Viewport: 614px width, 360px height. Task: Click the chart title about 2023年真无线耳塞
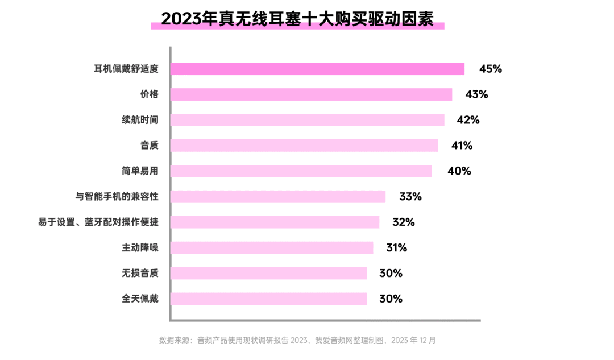tap(297, 18)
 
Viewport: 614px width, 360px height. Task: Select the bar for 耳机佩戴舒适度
tap(317, 69)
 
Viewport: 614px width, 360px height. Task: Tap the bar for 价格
tap(311, 94)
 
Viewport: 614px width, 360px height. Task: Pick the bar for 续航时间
tap(307, 120)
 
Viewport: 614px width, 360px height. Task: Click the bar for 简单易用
tap(301, 171)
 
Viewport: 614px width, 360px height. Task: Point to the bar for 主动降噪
tap(272, 248)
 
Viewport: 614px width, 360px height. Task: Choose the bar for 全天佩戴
tap(268, 299)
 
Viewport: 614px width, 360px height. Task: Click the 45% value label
tap(491, 69)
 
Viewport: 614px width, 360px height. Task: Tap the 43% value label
tap(476, 94)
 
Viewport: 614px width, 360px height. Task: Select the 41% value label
tap(462, 146)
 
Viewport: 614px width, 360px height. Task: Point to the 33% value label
tap(410, 197)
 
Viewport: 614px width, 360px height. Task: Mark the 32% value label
tap(404, 222)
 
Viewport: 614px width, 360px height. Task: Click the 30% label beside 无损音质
tap(391, 273)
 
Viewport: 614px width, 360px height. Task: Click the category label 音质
tap(149, 146)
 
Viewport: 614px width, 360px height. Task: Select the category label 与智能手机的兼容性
tap(117, 197)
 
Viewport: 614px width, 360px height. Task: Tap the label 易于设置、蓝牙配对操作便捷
tap(98, 222)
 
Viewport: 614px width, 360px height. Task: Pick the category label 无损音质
tap(140, 273)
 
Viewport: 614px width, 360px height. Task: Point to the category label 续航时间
tap(140, 120)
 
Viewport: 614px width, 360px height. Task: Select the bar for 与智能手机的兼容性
tap(277, 197)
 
